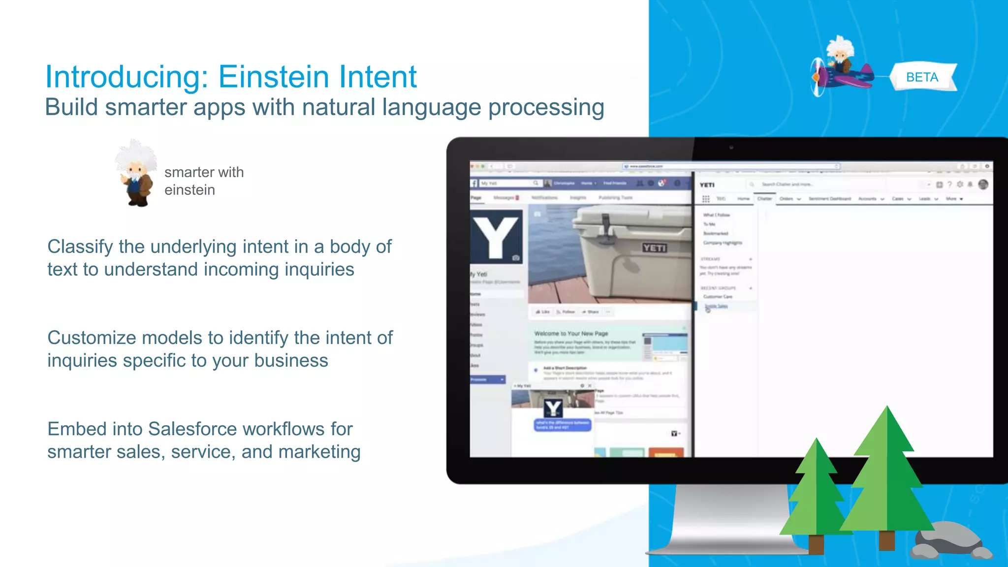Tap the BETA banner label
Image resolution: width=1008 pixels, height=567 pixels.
922,77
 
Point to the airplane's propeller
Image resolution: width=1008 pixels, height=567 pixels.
817,77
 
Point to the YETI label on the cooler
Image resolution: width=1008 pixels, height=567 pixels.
654,248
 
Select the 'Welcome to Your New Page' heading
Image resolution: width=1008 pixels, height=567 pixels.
571,333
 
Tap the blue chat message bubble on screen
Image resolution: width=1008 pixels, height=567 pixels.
563,425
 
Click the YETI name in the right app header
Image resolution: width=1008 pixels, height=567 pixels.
707,185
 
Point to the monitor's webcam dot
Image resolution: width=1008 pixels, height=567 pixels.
731,147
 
